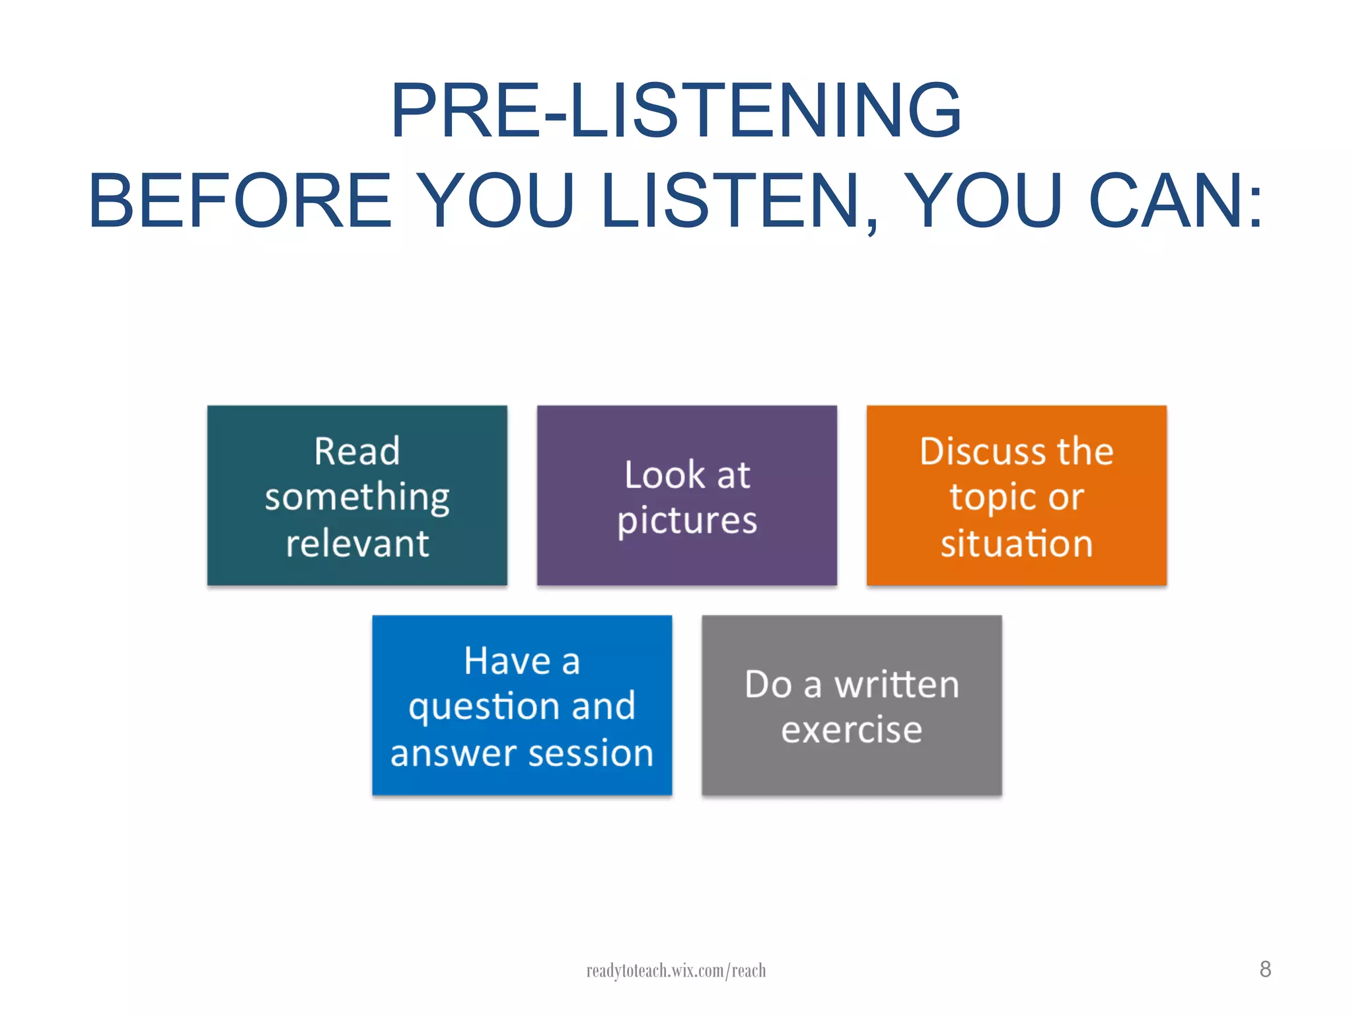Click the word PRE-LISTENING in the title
pyautogui.click(x=675, y=111)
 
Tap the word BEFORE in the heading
pyautogui.click(x=240, y=201)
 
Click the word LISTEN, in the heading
pyautogui.click(x=740, y=201)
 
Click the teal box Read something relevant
pyautogui.click(x=357, y=496)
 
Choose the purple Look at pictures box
pyautogui.click(x=686, y=496)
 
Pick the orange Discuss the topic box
pyautogui.click(x=1016, y=496)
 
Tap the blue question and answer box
pyautogui.click(x=522, y=705)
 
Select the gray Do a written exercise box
pyautogui.click(x=852, y=705)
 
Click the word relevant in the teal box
pyautogui.click(x=357, y=544)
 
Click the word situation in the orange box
pyautogui.click(x=1017, y=544)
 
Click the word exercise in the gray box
pyautogui.click(x=852, y=730)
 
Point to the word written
pyautogui.click(x=896, y=685)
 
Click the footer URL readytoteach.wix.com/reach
pyautogui.click(x=676, y=971)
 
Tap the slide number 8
pyautogui.click(x=1265, y=969)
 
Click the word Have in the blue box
pyautogui.click(x=507, y=661)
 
